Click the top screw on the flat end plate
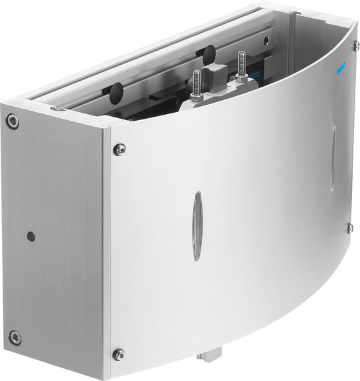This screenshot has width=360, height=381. pos(12,121)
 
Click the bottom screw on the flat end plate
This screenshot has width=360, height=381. pos(15,338)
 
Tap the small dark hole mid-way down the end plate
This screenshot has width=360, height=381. pos(30,236)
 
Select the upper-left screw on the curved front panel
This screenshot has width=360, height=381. pos(119,149)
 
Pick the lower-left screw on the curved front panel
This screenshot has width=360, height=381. pos(119,354)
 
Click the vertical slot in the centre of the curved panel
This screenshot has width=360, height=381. pos(197,226)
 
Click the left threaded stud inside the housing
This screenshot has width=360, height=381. pos(197,83)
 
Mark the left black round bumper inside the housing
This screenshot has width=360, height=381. pos(117,92)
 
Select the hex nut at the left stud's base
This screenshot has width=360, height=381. pos(196,96)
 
